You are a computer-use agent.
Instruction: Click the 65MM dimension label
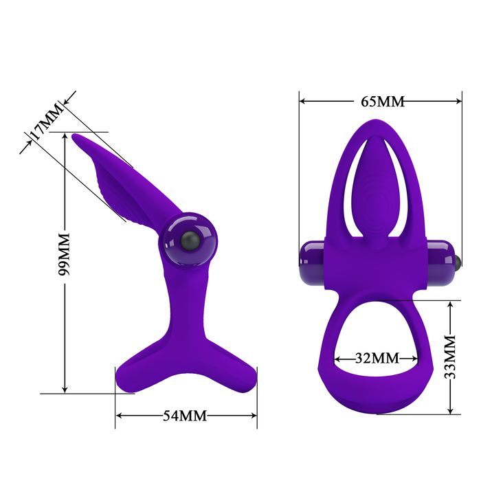(x=382, y=102)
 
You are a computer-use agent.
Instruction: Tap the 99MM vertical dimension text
(x=65, y=254)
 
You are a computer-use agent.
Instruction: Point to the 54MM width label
(x=185, y=416)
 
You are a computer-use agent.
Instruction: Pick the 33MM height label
(x=450, y=357)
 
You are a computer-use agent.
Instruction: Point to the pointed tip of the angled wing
(x=76, y=137)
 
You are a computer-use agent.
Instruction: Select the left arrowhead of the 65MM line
(x=303, y=101)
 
